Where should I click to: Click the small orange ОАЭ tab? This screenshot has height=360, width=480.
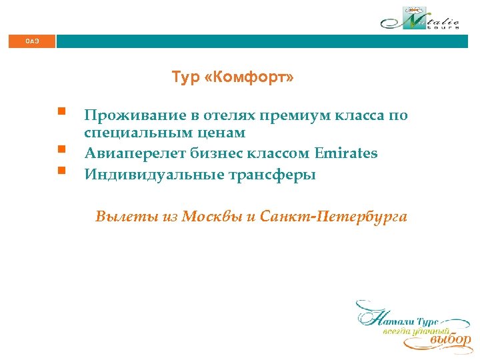click(x=33, y=41)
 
